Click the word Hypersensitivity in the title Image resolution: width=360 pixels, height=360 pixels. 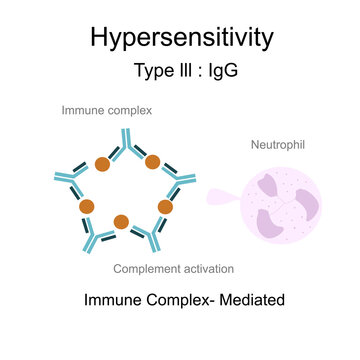point(180,38)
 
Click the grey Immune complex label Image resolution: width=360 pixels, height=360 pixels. point(107,110)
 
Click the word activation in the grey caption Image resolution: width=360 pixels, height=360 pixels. point(210,268)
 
